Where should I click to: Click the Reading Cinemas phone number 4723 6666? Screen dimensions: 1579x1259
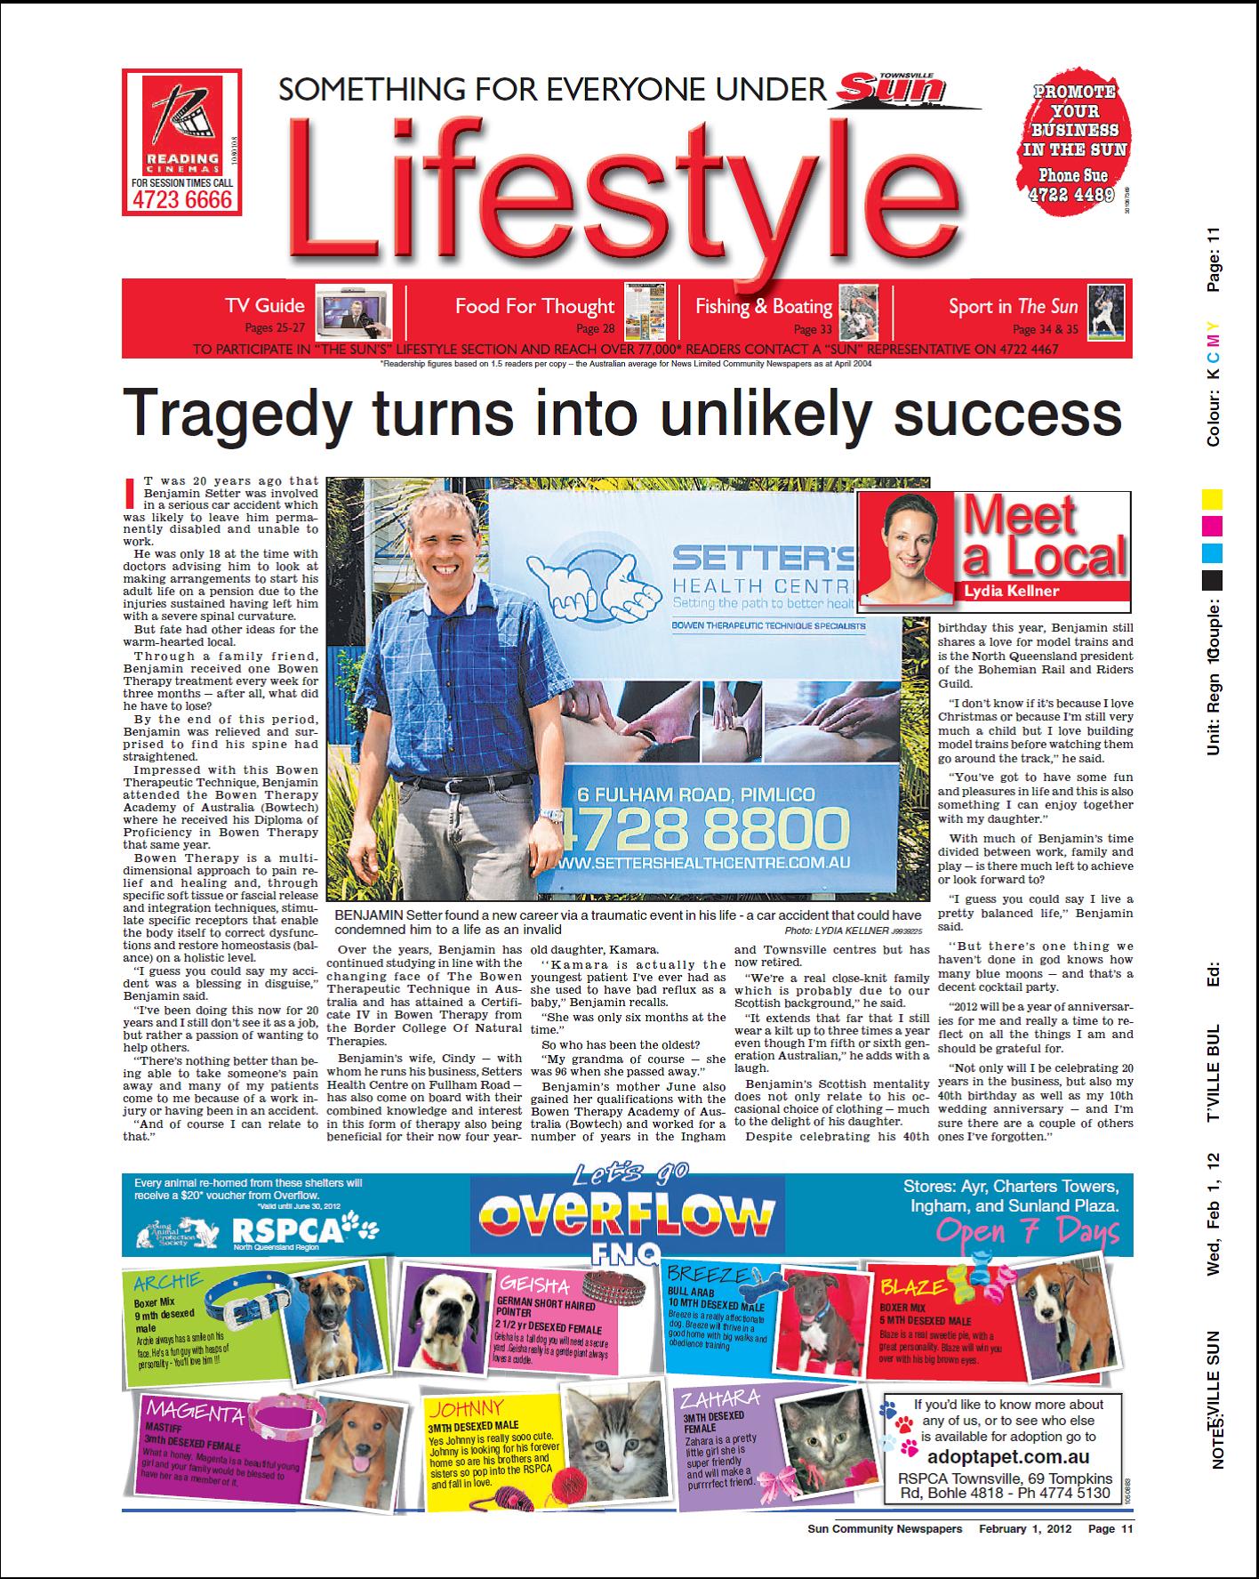181,200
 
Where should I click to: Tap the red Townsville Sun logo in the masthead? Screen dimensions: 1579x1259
890,89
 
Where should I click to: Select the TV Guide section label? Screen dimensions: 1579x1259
264,306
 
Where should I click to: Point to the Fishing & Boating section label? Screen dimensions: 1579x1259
763,307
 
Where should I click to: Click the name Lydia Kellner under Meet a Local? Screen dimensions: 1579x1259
1011,591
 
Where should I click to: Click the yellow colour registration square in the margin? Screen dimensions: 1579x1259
1212,499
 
